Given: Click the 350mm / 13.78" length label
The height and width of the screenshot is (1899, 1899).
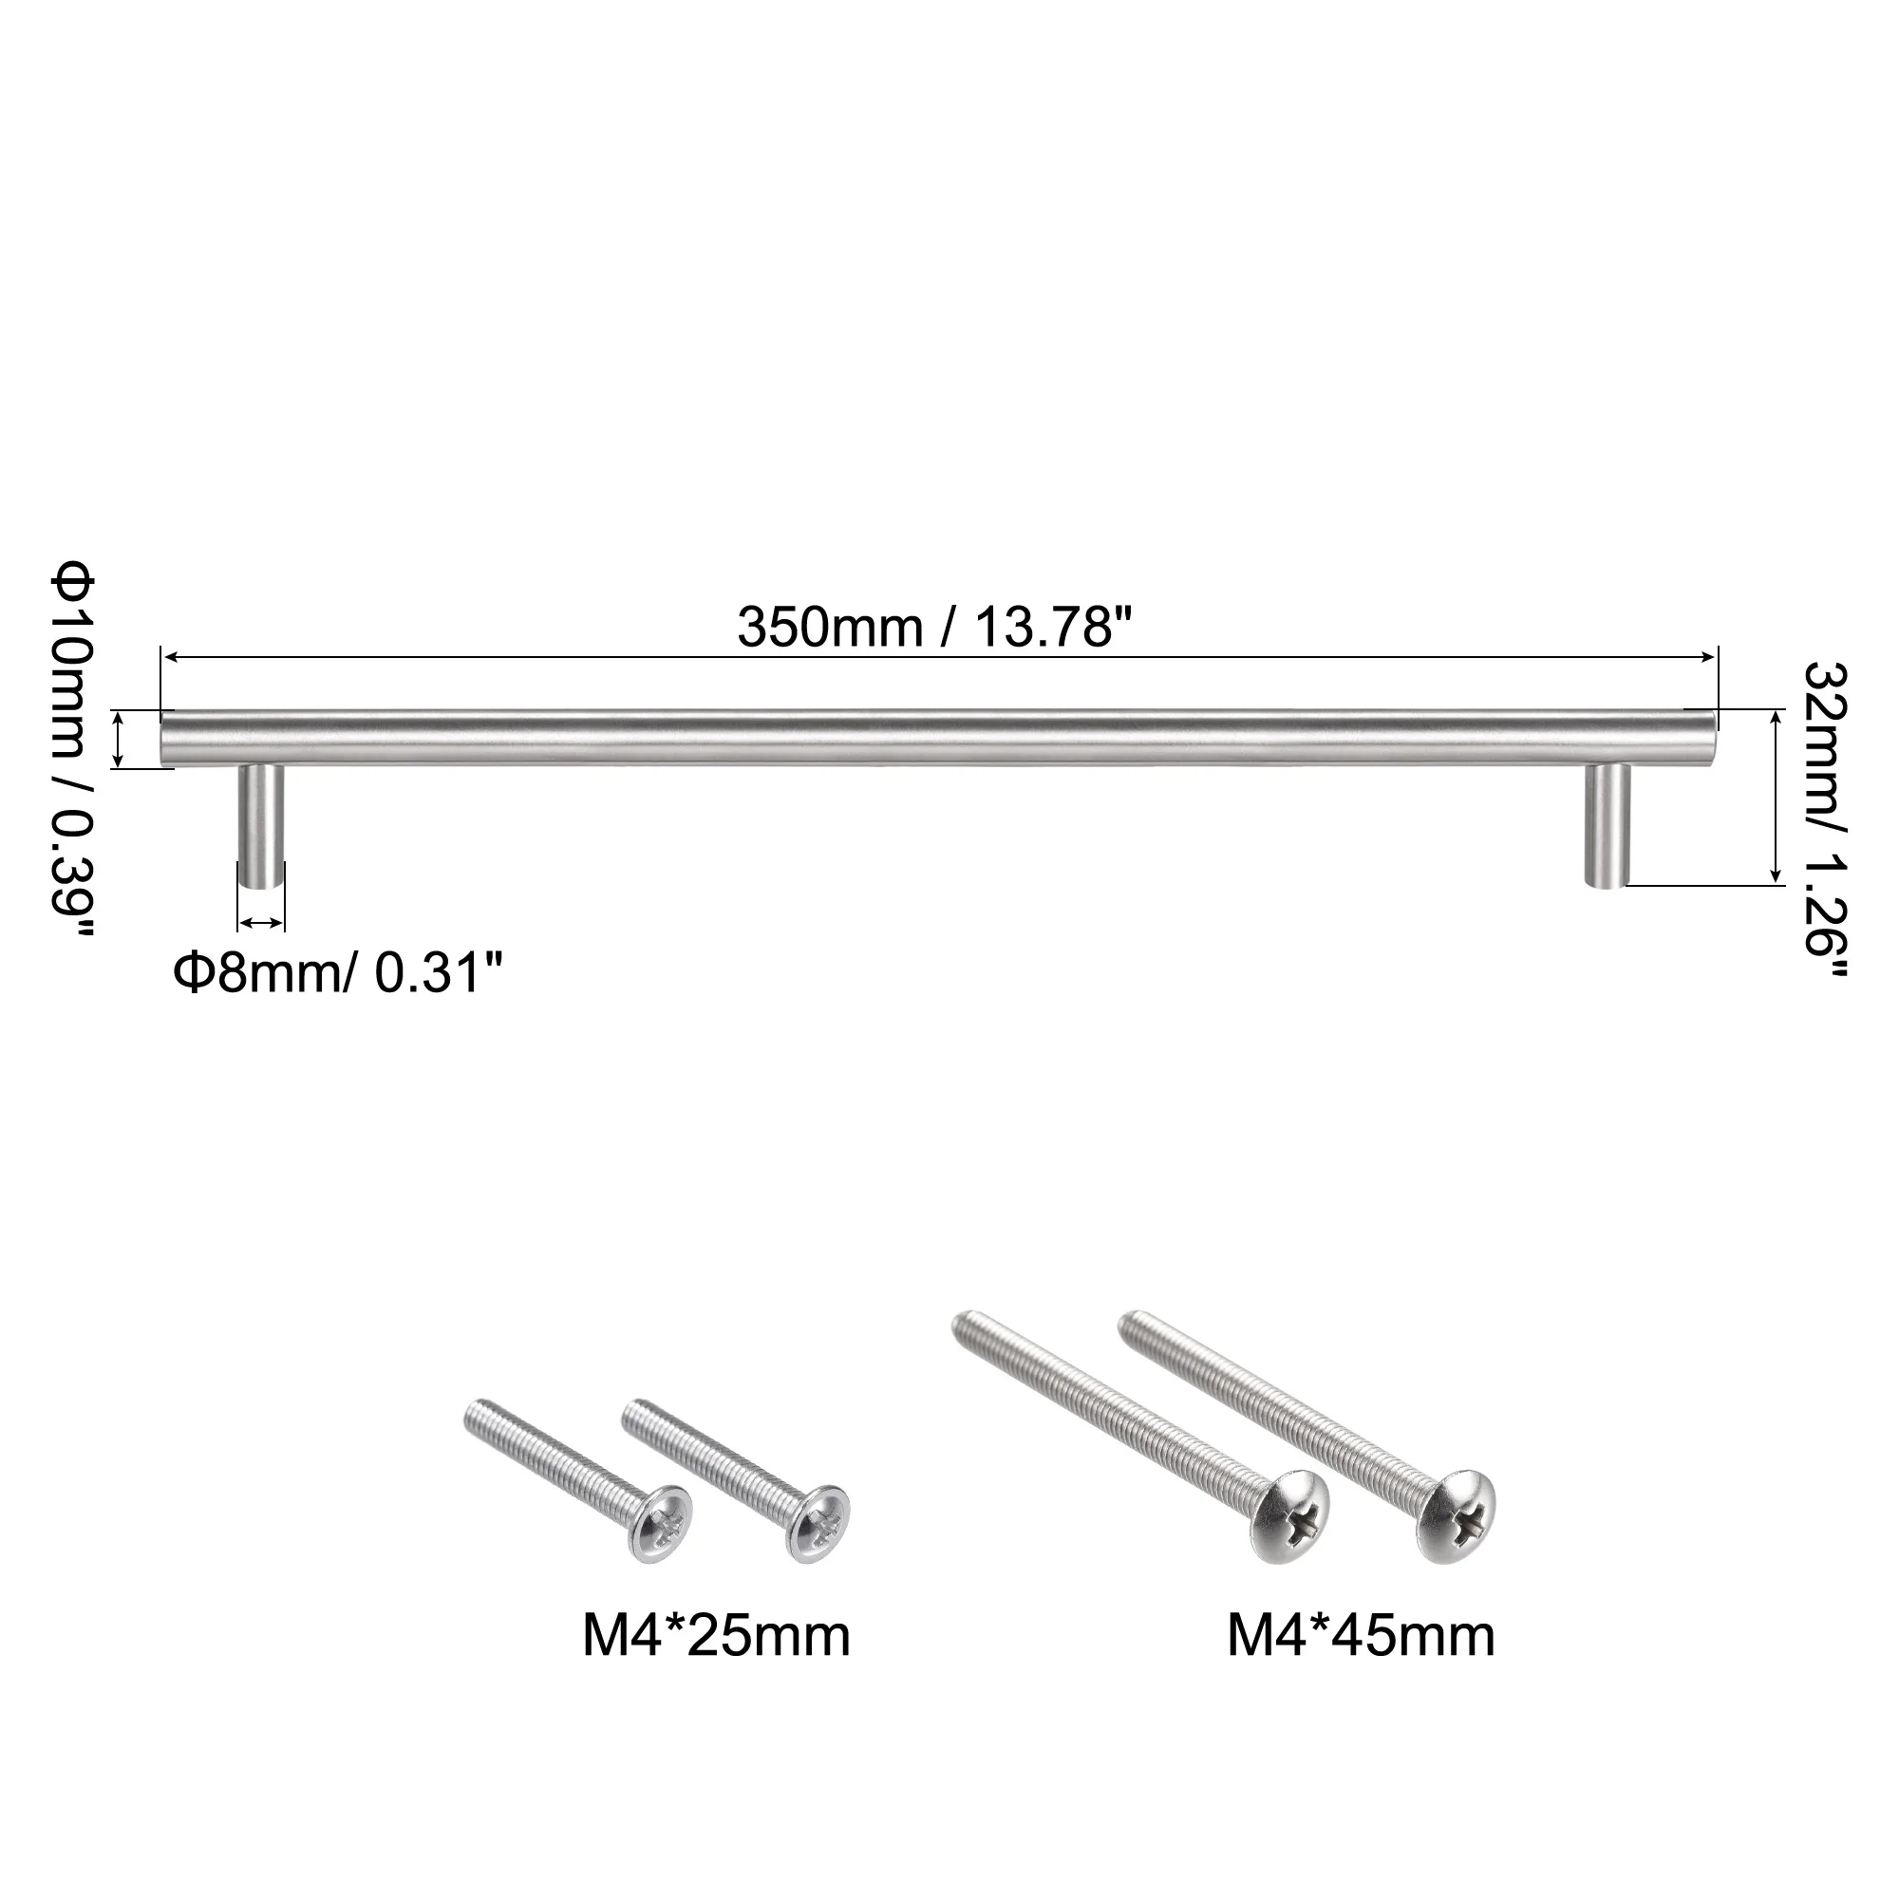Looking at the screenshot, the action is pos(933,627).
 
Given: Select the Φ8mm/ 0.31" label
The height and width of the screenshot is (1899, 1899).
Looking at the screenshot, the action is pos(339,976).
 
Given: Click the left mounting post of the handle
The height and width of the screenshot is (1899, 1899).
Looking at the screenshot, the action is pos(261,828).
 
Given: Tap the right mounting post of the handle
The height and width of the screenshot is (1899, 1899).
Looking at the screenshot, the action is pos(1608,826).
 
